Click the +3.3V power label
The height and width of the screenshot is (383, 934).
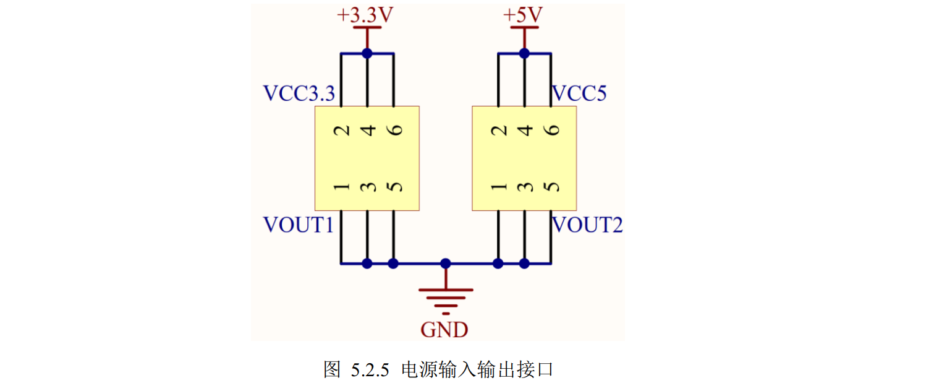pyautogui.click(x=365, y=15)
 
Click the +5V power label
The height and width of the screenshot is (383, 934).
pyautogui.click(x=523, y=15)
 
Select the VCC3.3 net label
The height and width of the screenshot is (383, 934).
pyautogui.click(x=299, y=93)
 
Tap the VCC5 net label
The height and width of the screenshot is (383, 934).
pyautogui.click(x=579, y=93)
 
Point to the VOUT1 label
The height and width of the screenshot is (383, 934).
pyautogui.click(x=299, y=225)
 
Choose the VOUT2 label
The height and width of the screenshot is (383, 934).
pyautogui.click(x=587, y=225)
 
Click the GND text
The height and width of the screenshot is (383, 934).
pyautogui.click(x=444, y=330)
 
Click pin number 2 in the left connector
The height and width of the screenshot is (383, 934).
pyautogui.click(x=341, y=131)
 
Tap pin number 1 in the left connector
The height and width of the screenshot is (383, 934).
pyautogui.click(x=341, y=186)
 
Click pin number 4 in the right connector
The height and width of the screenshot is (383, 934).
pyautogui.click(x=525, y=130)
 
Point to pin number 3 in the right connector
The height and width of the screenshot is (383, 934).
pyautogui.click(x=525, y=186)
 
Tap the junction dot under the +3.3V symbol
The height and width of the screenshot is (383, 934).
pyautogui.click(x=367, y=53)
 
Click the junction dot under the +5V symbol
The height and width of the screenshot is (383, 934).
pyautogui.click(x=525, y=53)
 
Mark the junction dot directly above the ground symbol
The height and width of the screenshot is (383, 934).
pyautogui.click(x=446, y=263)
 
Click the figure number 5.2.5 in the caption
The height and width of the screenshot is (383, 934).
pyautogui.click(x=370, y=370)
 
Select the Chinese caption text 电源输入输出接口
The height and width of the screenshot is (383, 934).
pyautogui.click(x=477, y=369)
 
